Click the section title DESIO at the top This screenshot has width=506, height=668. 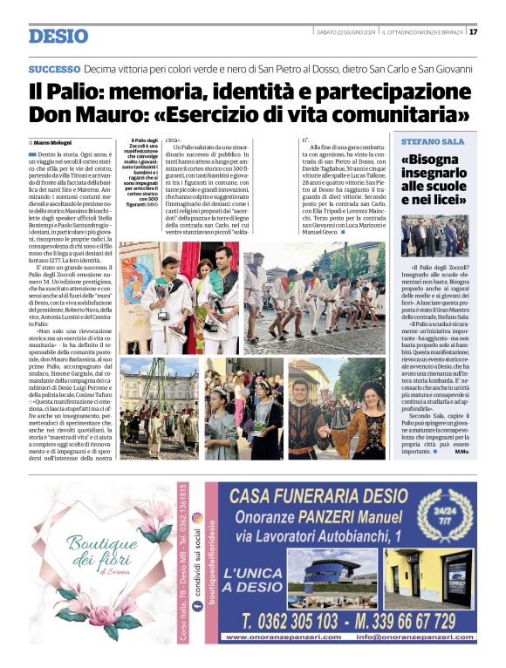tap(58, 36)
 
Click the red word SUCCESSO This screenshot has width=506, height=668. tap(54, 68)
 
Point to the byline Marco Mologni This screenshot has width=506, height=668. tap(53, 141)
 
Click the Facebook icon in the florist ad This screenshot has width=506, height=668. tap(197, 594)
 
